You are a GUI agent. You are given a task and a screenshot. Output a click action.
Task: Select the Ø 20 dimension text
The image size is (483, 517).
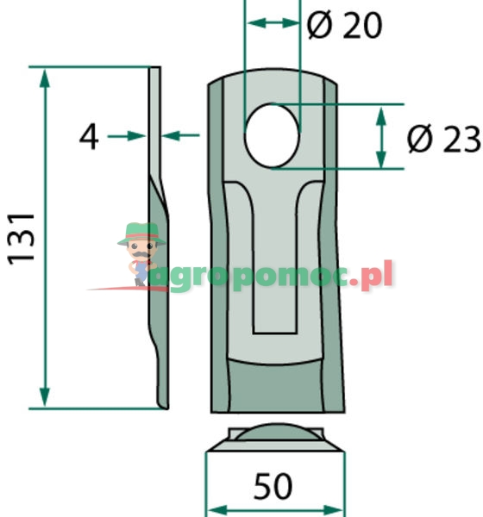[x=345, y=27]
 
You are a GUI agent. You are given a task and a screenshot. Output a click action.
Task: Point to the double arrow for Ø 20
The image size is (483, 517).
[x=273, y=24]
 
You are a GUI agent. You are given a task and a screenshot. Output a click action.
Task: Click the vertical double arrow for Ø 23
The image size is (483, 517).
[x=379, y=136]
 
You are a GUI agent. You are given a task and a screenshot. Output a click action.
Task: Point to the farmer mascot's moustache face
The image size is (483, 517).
[x=138, y=250]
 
